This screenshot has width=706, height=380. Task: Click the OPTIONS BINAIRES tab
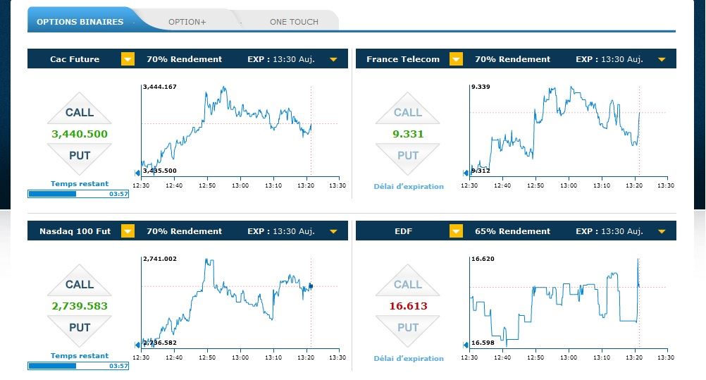pyautogui.click(x=80, y=22)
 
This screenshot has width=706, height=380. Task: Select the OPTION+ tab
pyautogui.click(x=187, y=22)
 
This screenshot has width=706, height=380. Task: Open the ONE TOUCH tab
pyautogui.click(x=294, y=22)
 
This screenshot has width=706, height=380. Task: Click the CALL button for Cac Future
pyautogui.click(x=80, y=111)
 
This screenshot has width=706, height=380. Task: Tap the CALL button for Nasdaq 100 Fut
pyautogui.click(x=80, y=283)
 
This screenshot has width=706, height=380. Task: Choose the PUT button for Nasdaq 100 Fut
pyautogui.click(x=80, y=328)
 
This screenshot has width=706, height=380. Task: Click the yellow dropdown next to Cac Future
pyautogui.click(x=128, y=59)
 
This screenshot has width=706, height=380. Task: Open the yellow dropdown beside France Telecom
pyautogui.click(x=456, y=59)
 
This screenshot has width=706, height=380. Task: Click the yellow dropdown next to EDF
pyautogui.click(x=456, y=231)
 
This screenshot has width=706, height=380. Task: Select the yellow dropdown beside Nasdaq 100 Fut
pyautogui.click(x=128, y=231)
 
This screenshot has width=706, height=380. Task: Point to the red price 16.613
pyautogui.click(x=408, y=306)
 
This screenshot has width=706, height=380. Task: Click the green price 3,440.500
pyautogui.click(x=80, y=134)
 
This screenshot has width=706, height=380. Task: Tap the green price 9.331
pyautogui.click(x=408, y=134)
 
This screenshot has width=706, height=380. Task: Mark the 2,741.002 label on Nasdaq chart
pyautogui.click(x=160, y=259)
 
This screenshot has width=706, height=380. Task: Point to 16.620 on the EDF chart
pyautogui.click(x=483, y=259)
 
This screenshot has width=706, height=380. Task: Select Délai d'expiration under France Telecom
pyautogui.click(x=409, y=187)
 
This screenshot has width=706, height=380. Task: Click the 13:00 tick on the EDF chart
pyautogui.click(x=567, y=357)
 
